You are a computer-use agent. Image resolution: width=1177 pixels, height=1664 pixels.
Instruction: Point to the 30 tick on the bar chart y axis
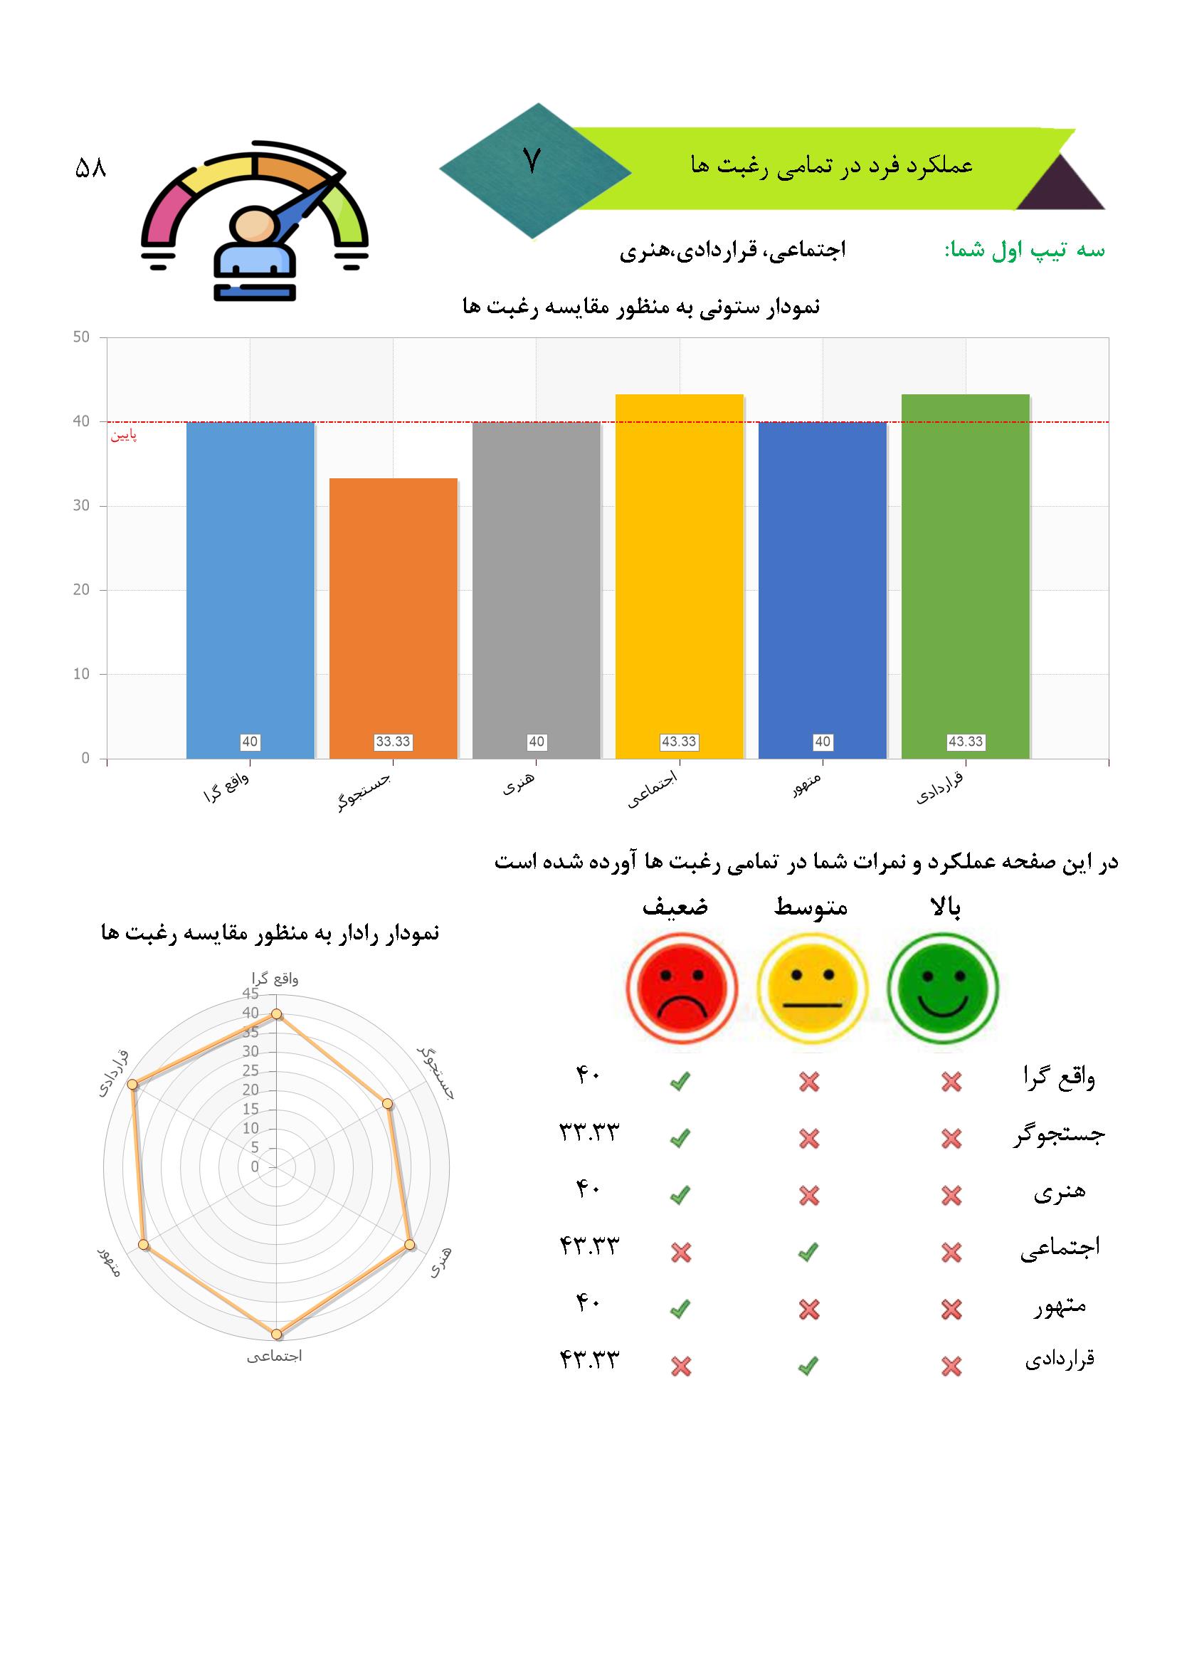[81, 506]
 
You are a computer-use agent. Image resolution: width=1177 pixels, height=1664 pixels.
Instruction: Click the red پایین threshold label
[123, 436]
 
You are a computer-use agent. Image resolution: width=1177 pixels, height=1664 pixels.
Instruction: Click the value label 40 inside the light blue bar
[250, 742]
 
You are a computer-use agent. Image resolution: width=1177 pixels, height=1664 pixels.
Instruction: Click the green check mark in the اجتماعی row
[808, 1252]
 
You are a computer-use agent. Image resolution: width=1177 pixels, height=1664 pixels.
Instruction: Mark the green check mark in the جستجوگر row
[680, 1139]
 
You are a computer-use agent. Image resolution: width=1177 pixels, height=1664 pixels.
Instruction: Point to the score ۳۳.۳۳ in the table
[588, 1132]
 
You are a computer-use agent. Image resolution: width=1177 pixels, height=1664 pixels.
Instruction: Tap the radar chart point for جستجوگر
[388, 1104]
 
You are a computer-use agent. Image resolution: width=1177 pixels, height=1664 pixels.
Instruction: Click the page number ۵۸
[90, 169]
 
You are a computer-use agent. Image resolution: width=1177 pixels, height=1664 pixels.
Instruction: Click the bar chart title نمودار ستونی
[640, 307]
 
